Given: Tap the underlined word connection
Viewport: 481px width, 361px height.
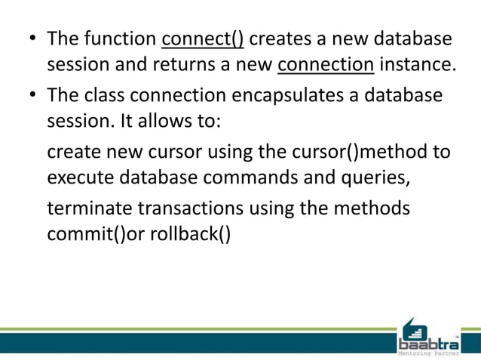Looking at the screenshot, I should (x=326, y=66).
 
